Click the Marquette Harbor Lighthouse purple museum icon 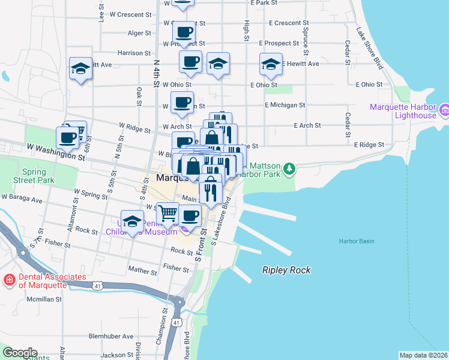444,110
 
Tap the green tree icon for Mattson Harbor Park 289,167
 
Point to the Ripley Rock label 286,270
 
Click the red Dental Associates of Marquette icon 9,280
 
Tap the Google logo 20,352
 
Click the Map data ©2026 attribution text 423,355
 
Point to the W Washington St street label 55,151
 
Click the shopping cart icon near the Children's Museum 167,212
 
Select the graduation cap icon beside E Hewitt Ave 271,64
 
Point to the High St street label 246,31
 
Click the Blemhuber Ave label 110,337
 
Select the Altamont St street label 71,220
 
